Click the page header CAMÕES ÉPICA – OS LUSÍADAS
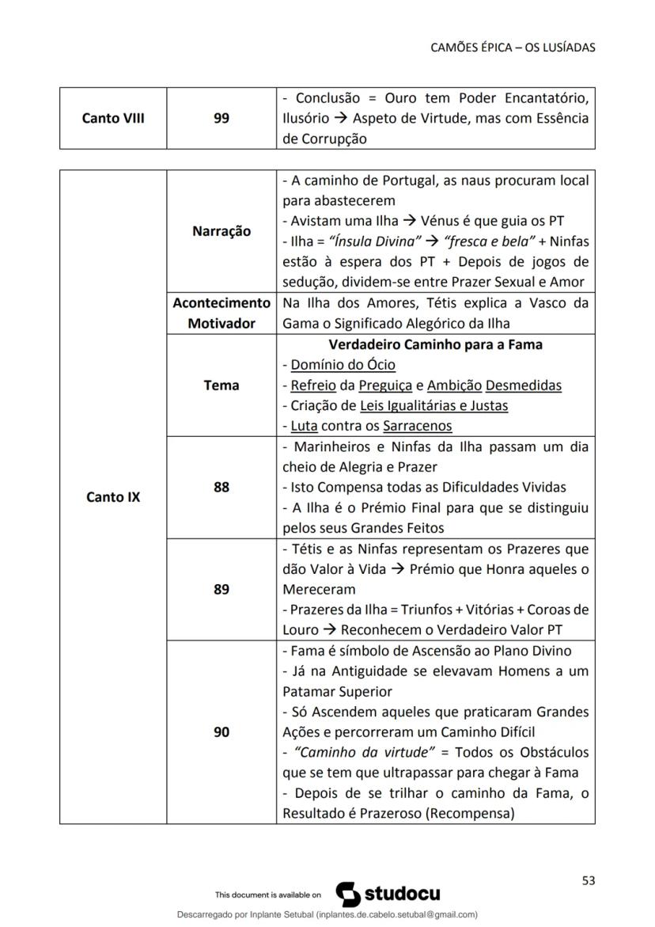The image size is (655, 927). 513,47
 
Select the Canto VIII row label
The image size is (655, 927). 112,119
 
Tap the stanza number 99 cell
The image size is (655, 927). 221,119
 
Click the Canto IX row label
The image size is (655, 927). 112,498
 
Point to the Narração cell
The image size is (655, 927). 221,231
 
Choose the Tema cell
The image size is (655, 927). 221,386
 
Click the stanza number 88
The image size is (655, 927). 221,488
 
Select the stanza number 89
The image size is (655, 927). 221,590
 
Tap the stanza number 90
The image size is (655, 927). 221,732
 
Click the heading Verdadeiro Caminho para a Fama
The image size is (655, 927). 435,345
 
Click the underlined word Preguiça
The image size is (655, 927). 385,386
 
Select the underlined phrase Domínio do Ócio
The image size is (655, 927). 343,365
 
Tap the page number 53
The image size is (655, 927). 588,880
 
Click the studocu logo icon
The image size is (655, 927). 349,895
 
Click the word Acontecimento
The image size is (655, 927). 221,303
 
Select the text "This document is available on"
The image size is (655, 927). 268,895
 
